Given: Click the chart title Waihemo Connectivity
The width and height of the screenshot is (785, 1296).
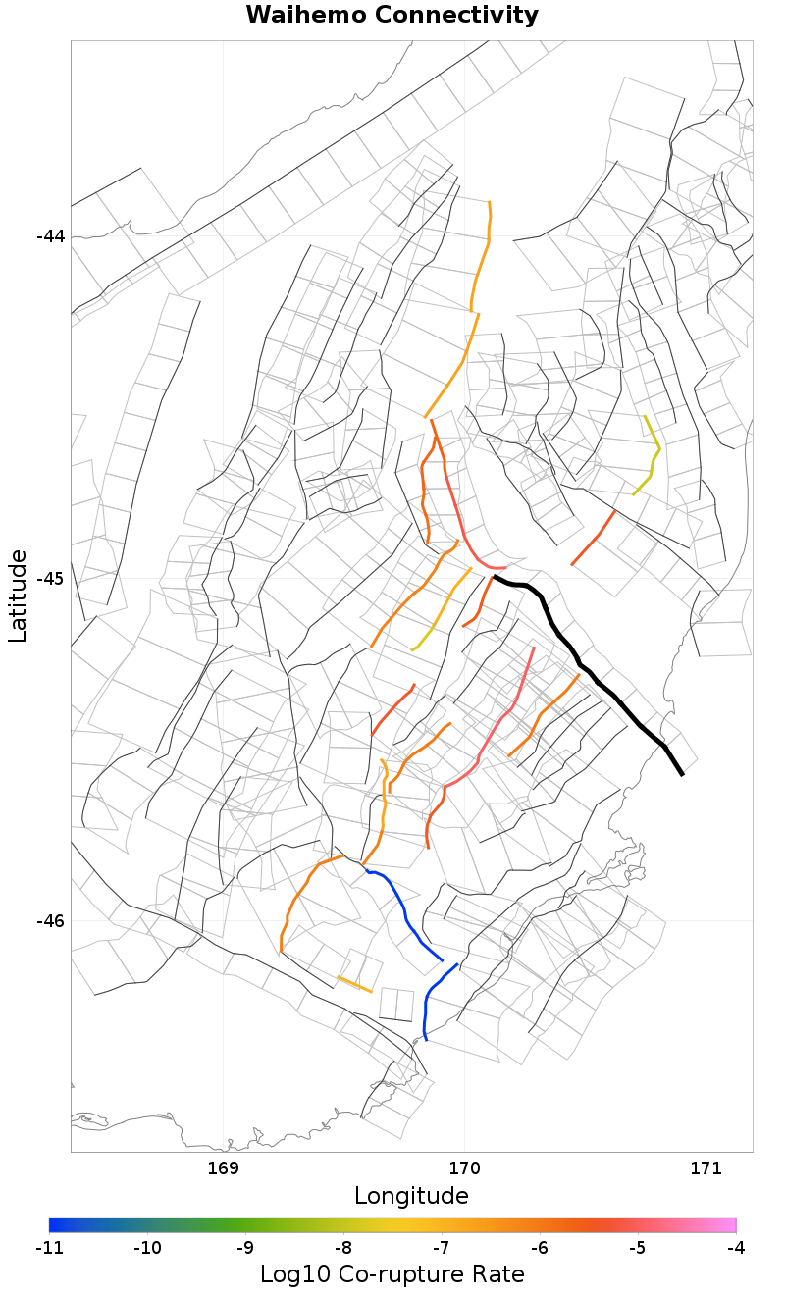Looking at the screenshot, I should pos(392,15).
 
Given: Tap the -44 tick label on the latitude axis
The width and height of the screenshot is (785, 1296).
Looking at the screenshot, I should pos(51,236).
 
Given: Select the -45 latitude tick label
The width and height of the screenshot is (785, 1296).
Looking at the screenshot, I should pos(51,579).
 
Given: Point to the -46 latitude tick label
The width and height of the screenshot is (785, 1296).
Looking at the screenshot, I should pos(51,921).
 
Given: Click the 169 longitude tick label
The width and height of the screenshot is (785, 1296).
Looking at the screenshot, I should pos(224,1168).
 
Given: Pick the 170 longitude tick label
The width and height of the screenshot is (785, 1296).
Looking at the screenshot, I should pos(464,1168).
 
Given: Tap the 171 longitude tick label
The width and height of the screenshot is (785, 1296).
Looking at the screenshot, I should pos(706,1168).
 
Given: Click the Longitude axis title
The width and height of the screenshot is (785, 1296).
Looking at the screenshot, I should pos(411,1196).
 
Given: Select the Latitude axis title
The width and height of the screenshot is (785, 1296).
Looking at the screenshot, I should pos(18,596).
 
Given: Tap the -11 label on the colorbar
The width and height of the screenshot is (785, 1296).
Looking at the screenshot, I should pos(49,1248).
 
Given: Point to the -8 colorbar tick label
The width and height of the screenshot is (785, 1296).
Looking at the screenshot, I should pos(342,1248).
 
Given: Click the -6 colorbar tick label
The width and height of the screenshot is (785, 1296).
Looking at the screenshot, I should pos(539,1248).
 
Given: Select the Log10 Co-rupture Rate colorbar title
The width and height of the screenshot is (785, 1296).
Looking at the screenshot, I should pos(392,1274).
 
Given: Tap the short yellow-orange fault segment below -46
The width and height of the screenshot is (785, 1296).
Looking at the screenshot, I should pos(354,984).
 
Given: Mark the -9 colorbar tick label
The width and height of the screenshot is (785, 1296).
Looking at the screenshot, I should pos(244,1248).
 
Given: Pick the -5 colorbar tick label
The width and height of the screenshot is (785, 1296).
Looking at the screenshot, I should pos(637,1248).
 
